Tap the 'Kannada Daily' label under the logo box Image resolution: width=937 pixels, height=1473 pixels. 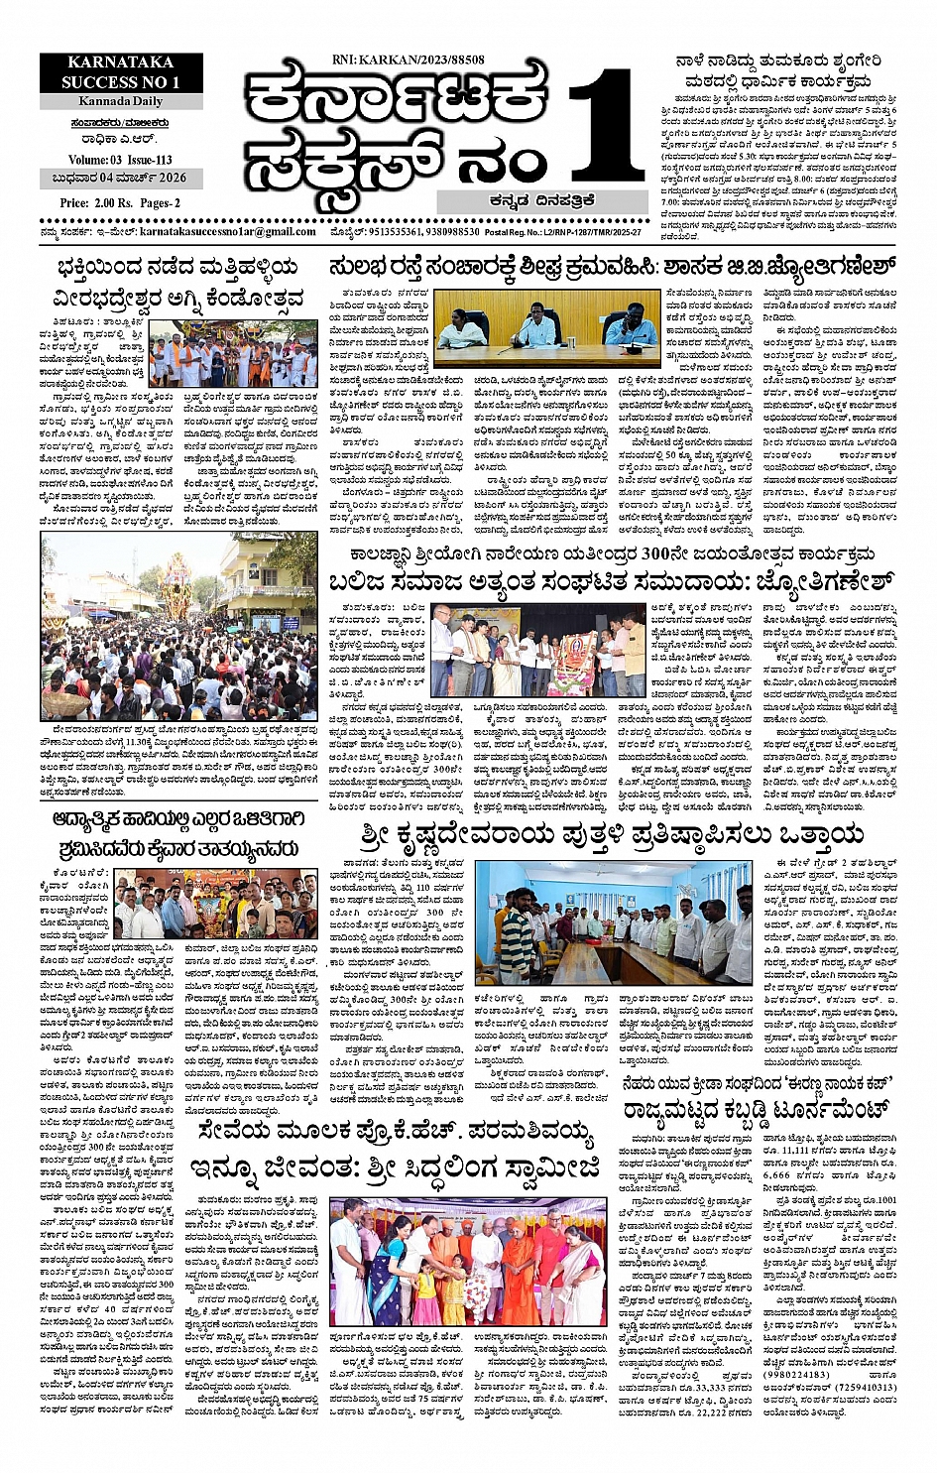[122, 103]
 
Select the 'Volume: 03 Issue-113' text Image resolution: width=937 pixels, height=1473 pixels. [120, 160]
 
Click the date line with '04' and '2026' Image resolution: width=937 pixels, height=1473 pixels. [120, 179]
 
